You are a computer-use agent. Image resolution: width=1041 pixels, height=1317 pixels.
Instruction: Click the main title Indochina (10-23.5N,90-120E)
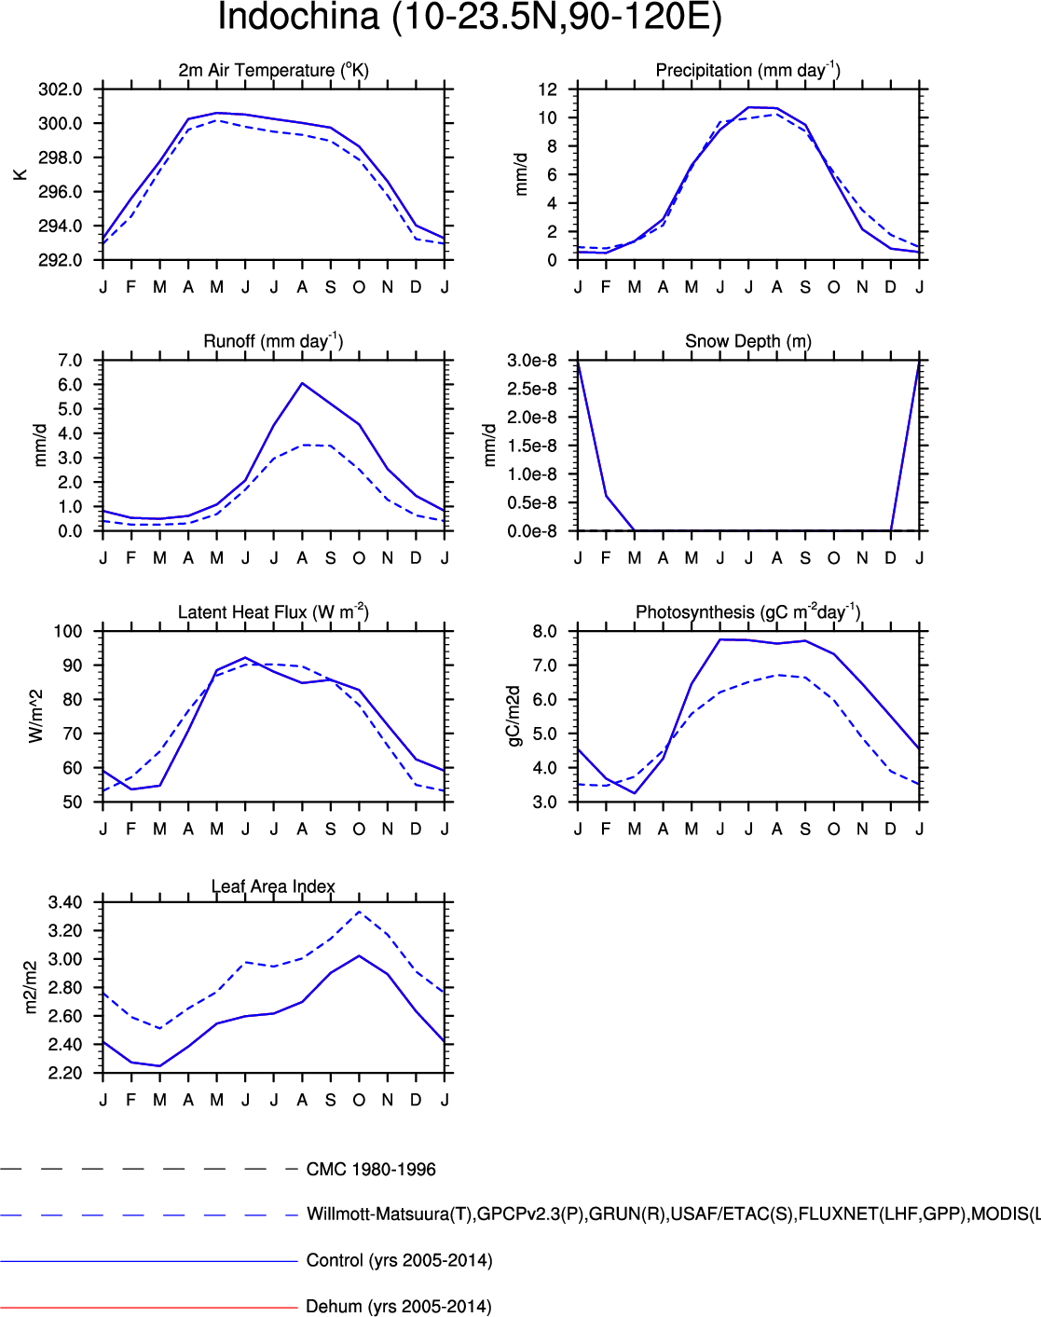[x=470, y=18]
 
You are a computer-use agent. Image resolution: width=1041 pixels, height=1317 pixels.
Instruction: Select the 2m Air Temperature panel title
[x=273, y=70]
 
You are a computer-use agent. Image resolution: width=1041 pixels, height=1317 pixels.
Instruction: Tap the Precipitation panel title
[x=747, y=70]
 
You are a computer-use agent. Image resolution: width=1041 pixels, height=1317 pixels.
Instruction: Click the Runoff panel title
[x=273, y=341]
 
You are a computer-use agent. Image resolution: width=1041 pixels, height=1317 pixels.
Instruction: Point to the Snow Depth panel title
[x=747, y=341]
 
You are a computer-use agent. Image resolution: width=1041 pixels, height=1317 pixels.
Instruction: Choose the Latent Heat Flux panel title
[x=273, y=612]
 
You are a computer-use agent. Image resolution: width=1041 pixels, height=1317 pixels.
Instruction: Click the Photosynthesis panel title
[x=747, y=612]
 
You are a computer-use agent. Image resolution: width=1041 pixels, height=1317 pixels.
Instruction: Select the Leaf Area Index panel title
[x=273, y=886]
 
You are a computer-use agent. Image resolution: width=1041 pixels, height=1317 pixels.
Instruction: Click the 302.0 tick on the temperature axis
[x=61, y=89]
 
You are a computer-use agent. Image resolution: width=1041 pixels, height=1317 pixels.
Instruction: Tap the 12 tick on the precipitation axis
[x=547, y=89]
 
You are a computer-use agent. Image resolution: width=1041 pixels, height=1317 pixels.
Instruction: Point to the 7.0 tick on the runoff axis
[x=70, y=361]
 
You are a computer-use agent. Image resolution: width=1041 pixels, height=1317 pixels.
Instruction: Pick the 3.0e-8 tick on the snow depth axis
[x=532, y=361]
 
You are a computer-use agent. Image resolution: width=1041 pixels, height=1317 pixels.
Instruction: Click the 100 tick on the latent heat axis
[x=68, y=632]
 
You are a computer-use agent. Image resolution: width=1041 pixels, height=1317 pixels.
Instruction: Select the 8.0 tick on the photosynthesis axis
[x=545, y=632]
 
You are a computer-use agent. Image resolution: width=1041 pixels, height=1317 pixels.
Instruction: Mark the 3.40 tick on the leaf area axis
[x=65, y=902]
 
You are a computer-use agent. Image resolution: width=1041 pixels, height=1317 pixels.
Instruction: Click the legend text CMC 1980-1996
[x=371, y=1170]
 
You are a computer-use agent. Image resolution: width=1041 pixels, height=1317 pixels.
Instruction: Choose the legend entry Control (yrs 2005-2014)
[x=399, y=1261]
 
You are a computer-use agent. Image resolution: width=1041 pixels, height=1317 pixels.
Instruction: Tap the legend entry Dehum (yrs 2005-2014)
[x=398, y=1307]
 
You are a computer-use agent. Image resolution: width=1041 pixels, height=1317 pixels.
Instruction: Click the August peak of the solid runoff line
[x=302, y=383]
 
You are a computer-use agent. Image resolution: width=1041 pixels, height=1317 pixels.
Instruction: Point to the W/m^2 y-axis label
[x=36, y=716]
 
